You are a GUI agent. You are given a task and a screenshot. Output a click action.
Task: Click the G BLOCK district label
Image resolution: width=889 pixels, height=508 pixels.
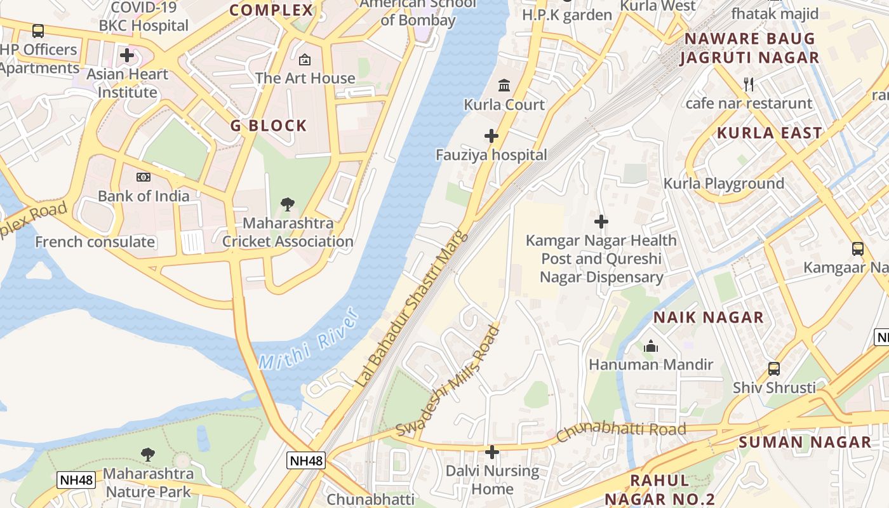point(269,126)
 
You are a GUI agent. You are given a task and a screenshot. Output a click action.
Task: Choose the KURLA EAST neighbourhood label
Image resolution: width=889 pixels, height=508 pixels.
point(770,133)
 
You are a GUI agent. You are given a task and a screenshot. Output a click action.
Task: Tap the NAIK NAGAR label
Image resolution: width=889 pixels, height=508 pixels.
point(709,317)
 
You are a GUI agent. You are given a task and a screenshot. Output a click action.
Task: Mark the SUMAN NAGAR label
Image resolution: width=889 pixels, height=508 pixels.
point(805,442)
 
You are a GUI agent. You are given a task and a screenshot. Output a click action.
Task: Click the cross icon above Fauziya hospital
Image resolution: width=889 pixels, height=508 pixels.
point(491,136)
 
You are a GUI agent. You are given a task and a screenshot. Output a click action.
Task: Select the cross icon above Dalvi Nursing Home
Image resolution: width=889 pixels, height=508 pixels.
point(491,452)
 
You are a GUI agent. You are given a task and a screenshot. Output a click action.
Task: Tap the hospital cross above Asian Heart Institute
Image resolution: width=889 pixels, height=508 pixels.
point(127,55)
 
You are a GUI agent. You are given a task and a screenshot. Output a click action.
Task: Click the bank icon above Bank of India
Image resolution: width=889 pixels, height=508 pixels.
point(144,177)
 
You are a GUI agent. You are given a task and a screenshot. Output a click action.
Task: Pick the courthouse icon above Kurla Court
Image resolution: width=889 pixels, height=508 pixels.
point(504,85)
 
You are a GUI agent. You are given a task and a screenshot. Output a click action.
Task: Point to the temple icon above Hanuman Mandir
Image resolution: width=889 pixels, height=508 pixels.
point(651,347)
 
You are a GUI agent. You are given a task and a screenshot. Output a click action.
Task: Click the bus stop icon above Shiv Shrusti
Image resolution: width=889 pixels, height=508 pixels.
point(773,368)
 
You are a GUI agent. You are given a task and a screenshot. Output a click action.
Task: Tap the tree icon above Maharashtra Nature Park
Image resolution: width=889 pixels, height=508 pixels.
point(148,454)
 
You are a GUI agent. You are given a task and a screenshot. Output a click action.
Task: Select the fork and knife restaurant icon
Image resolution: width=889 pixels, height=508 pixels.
point(749,84)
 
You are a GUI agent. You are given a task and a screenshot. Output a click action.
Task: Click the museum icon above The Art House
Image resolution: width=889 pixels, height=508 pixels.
point(305,60)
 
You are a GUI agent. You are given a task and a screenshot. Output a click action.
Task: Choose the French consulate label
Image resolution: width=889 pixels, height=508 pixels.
point(95,242)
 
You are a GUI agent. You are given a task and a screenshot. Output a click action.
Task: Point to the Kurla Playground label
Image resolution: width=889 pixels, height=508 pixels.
point(724,184)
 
